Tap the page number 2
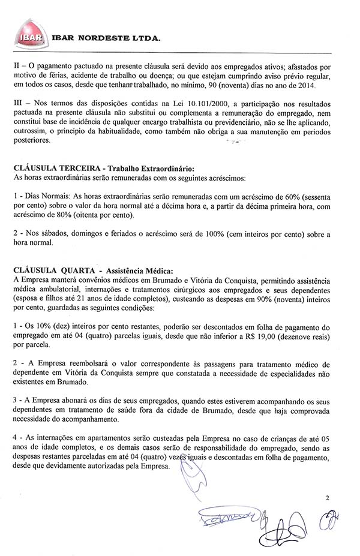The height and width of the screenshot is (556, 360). [x=328, y=498]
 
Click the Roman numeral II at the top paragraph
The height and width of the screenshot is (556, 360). [x=16, y=61]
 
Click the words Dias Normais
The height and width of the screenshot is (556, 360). [x=44, y=197]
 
